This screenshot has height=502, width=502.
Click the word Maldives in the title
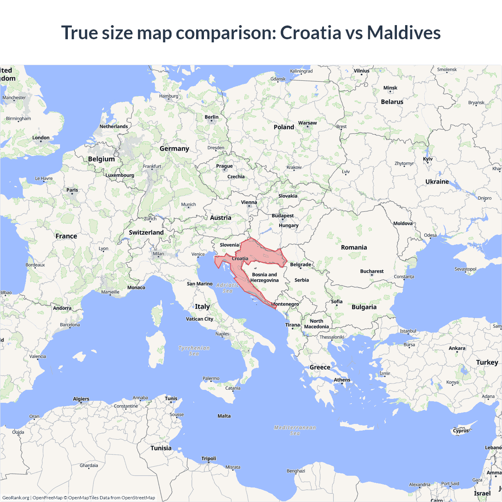coord(404,33)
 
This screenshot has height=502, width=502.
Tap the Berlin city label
coord(211,117)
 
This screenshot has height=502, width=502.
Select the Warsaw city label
coord(307,123)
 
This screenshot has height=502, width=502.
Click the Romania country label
coord(354,247)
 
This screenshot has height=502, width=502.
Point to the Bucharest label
coord(372,271)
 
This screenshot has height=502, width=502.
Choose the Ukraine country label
coord(437,182)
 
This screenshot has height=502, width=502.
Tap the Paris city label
coord(72,190)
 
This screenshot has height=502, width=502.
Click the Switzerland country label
coord(146,233)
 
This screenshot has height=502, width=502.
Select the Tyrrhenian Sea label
coord(194,351)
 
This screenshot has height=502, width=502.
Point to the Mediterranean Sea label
coord(295,430)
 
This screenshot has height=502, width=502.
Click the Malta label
coord(224,416)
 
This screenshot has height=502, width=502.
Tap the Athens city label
coord(342,380)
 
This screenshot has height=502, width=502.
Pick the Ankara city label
coord(457,348)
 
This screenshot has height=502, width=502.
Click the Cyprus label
coord(461,430)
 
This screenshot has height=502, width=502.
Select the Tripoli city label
coord(209,458)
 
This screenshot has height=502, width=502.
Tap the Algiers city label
coord(81,399)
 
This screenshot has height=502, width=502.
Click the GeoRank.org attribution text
coord(16,498)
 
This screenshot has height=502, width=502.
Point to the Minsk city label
coord(390,88)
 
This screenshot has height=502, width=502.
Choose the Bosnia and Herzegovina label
coord(264,277)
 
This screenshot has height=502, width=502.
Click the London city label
coord(41,138)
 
